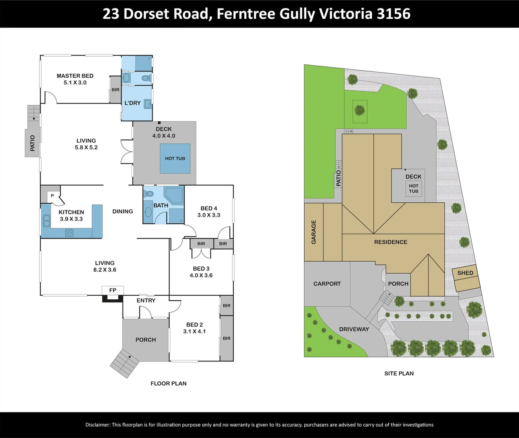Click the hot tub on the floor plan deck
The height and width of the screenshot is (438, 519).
(175, 159)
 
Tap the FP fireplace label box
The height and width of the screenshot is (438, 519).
(113, 290)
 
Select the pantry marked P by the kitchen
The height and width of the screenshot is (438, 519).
(52, 196)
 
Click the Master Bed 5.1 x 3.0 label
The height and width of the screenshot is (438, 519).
(75, 79)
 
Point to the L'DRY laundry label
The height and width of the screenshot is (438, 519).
(133, 103)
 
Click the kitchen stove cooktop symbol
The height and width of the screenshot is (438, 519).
(69, 233)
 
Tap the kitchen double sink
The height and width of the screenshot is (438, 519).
(47, 221)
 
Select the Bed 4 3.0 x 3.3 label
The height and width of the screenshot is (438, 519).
(209, 212)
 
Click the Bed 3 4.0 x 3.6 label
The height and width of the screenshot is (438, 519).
(201, 272)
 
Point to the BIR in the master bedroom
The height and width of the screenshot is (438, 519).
(116, 90)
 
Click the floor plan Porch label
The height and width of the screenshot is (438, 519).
(146, 340)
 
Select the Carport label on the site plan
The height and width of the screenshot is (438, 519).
(327, 284)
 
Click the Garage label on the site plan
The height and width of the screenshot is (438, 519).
(314, 232)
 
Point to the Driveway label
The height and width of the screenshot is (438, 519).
(354, 329)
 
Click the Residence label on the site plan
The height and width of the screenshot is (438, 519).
(391, 242)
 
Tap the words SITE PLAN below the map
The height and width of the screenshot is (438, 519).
(399, 374)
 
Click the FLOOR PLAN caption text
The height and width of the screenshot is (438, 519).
(168, 383)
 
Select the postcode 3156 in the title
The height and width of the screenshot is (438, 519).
(393, 14)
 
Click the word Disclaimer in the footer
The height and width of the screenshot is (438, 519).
(98, 425)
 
